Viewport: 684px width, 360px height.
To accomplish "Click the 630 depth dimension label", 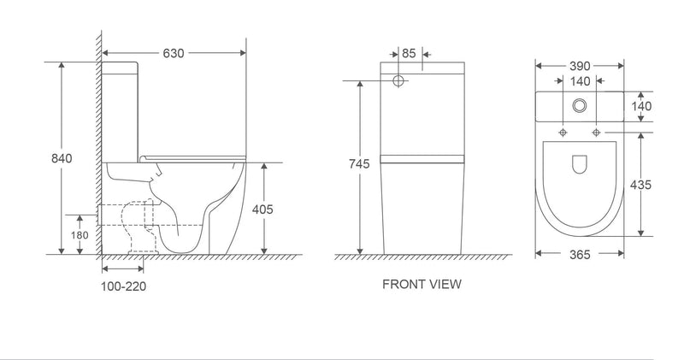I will [x=174, y=53].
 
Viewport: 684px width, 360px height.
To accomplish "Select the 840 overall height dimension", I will [x=62, y=158].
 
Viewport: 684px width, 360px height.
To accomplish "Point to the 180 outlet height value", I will [x=79, y=235].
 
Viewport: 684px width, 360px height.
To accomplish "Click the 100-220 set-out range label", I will [x=124, y=286].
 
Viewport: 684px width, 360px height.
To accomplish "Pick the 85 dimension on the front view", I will [x=409, y=54].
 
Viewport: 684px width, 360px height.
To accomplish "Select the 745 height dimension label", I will [x=358, y=165].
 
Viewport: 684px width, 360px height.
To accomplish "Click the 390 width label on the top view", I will [x=579, y=66].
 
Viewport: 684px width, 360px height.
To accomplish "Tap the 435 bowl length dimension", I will [x=642, y=184].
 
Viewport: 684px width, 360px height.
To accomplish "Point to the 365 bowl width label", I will [x=579, y=254].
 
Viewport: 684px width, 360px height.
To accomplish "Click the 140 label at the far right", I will [x=642, y=106].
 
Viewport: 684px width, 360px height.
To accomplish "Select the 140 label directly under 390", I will [x=579, y=82].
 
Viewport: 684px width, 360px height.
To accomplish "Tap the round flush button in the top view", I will [x=579, y=106].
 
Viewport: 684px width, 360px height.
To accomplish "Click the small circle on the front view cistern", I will [x=398, y=81].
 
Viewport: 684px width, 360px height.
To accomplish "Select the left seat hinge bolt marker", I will [x=563, y=133].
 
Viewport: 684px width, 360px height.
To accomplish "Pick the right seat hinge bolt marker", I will [x=596, y=133].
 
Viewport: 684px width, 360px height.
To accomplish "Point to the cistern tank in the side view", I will [x=121, y=111].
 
